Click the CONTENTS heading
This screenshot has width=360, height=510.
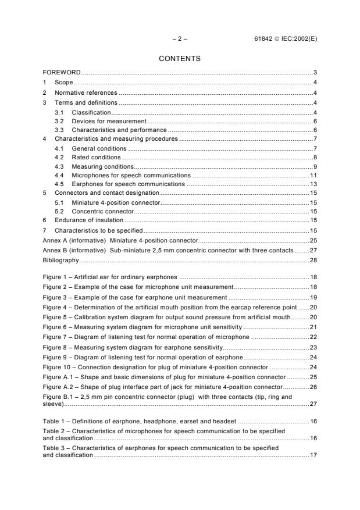pos(180,59)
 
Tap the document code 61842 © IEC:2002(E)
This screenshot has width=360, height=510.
pos(281,39)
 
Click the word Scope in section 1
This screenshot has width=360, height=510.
pos(63,83)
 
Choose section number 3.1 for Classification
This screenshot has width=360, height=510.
pos(59,112)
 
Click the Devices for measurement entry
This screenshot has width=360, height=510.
pos(101,121)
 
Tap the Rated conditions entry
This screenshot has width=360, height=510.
pos(96,157)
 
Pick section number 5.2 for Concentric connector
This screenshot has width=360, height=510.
pos(59,211)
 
